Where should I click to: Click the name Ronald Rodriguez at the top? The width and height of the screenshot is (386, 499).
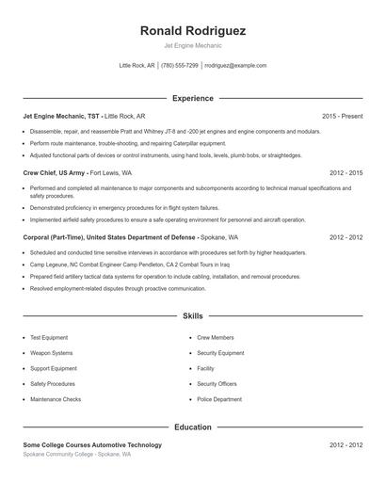[193, 30]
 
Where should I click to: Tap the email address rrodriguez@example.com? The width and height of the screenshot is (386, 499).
[235, 66]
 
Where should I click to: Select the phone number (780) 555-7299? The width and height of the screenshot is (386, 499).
[180, 66]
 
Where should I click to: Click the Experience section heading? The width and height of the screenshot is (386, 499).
[193, 98]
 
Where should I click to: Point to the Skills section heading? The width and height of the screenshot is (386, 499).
[193, 316]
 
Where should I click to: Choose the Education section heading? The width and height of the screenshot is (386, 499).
[193, 427]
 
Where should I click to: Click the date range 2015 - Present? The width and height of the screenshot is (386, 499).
[342, 116]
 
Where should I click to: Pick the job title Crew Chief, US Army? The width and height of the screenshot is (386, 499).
[55, 173]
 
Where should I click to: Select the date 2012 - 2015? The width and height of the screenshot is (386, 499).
[346, 173]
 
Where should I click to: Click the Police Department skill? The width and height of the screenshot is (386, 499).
[219, 399]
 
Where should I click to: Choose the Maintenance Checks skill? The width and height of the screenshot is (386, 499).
[56, 399]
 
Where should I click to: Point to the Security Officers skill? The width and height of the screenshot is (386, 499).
[217, 384]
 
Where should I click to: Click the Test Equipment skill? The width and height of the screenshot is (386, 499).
[49, 337]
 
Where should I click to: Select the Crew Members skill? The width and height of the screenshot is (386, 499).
[216, 337]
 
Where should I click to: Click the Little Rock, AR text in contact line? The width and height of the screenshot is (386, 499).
[137, 66]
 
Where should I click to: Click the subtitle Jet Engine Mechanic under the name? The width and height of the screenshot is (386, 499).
[193, 45]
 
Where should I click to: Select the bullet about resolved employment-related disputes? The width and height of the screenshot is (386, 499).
[105, 288]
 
